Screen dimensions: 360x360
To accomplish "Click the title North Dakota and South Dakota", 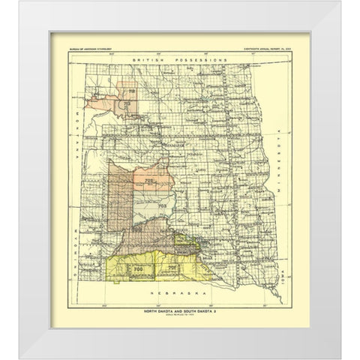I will pyautogui.click(x=172, y=310).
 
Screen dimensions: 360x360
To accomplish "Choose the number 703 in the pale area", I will pyautogui.click(x=160, y=204).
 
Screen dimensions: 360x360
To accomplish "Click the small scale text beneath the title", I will pyautogui.click(x=172, y=314).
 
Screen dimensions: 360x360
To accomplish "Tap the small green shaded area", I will pyautogui.click(x=192, y=239).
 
